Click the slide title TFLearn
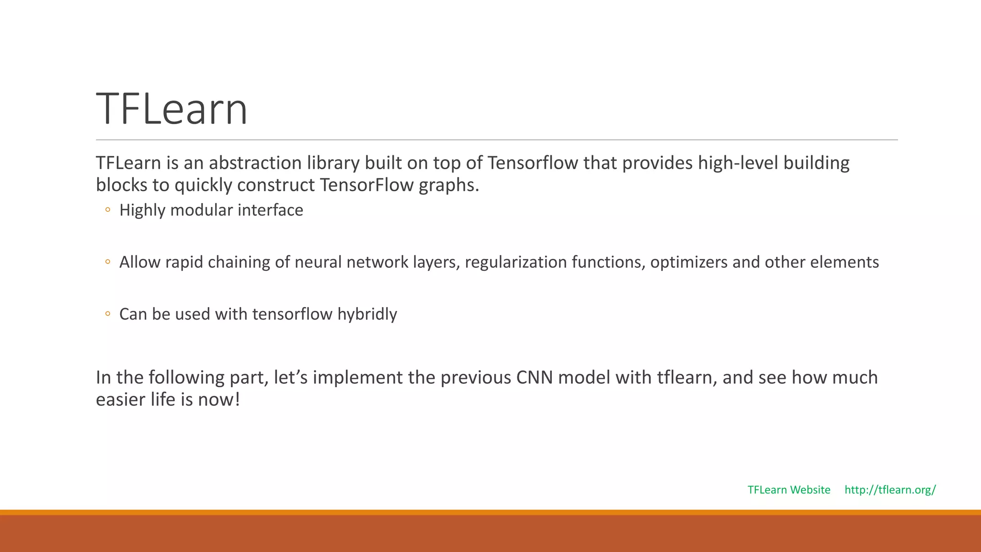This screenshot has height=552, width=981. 171,109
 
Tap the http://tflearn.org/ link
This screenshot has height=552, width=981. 890,490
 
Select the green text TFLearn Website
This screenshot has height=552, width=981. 789,490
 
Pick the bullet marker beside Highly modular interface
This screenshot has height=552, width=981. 108,210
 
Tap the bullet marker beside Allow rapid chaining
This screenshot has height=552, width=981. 108,262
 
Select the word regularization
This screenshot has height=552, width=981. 515,263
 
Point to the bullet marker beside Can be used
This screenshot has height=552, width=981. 108,314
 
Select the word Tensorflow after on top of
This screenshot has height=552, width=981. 533,163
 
